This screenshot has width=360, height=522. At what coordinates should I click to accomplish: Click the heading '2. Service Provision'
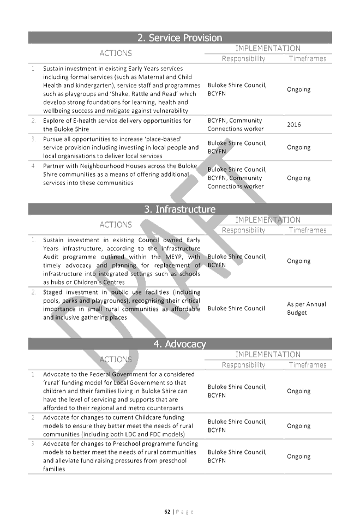[x=179, y=38]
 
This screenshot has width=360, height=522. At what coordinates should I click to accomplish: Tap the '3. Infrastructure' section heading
[x=179, y=209]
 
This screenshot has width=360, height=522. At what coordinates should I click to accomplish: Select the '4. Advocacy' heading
[x=179, y=344]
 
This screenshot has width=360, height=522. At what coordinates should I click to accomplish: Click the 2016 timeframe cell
[x=294, y=124]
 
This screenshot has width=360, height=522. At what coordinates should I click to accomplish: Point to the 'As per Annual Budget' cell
[x=298, y=309]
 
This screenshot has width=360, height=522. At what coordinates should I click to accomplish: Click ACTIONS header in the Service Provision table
[x=116, y=53]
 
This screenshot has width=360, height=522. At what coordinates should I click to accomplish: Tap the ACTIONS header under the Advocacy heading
[x=116, y=359]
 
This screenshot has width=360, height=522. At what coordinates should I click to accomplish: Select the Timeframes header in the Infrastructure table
[x=307, y=230]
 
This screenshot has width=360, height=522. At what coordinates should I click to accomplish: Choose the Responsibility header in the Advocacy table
[x=243, y=364]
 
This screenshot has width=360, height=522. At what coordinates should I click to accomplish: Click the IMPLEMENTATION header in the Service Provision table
[x=267, y=48]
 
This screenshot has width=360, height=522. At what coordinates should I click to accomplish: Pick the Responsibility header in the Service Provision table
[x=243, y=58]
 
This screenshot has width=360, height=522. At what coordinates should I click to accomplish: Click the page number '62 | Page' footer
[x=179, y=511]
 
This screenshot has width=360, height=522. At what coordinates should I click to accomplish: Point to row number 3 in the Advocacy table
[x=34, y=443]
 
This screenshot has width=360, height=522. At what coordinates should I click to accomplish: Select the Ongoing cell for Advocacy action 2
[x=298, y=425]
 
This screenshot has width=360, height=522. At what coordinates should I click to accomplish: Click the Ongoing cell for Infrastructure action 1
[x=298, y=261]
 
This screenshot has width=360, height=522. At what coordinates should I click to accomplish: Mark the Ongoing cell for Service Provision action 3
[x=298, y=147]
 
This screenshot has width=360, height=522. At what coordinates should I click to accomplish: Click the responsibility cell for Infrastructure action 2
[x=235, y=309]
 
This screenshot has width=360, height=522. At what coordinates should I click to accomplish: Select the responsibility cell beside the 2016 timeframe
[x=235, y=124]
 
